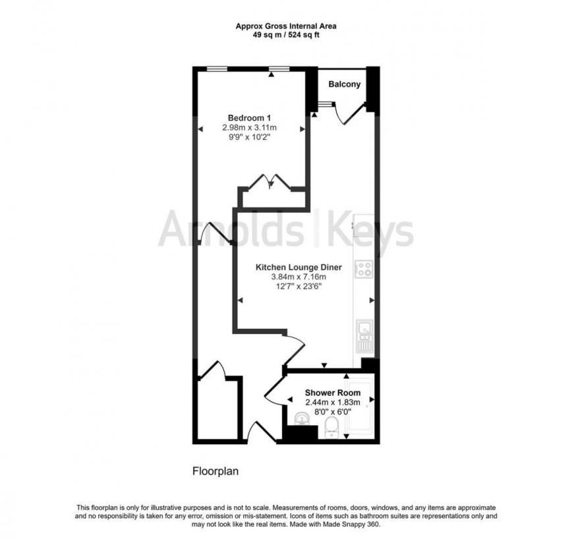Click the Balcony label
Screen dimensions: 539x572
click(x=344, y=84)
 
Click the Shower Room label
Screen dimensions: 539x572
click(x=333, y=393)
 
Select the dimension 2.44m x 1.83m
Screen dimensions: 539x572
click(x=333, y=402)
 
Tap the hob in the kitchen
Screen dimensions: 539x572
click(x=364, y=268)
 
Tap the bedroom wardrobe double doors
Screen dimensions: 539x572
click(x=271, y=183)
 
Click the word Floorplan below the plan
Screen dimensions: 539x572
click(x=214, y=471)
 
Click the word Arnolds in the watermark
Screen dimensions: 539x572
click(x=231, y=231)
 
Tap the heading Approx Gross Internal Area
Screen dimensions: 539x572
click(x=286, y=27)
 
